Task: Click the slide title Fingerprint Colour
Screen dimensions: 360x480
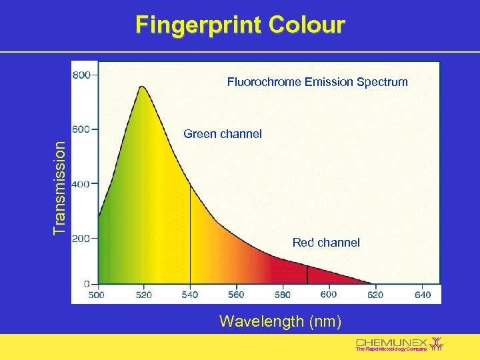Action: (240, 25)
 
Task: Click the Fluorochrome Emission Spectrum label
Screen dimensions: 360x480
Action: (317, 82)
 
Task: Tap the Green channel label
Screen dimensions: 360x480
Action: (223, 134)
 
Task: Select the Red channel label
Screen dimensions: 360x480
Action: (326, 243)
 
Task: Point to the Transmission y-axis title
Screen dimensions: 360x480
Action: (60, 187)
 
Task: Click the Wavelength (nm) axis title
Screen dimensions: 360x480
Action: (280, 322)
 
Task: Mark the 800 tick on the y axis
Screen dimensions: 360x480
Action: (82, 75)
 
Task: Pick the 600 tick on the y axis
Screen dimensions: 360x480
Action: (82, 129)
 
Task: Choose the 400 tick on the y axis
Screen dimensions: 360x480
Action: (82, 184)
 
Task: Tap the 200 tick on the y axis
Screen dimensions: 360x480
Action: (82, 238)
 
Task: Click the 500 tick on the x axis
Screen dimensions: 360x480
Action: (97, 295)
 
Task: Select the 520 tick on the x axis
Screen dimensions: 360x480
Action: (143, 295)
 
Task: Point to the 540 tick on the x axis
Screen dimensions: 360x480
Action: (190, 295)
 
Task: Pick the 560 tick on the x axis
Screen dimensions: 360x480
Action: (236, 295)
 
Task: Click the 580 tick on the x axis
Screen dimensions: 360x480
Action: (282, 295)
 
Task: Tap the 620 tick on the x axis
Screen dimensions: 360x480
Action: (375, 295)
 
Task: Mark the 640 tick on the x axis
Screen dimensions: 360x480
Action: (422, 295)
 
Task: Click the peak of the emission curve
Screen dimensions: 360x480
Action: (141, 87)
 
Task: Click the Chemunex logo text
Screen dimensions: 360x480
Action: (391, 341)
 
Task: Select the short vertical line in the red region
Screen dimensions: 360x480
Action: (307, 274)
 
